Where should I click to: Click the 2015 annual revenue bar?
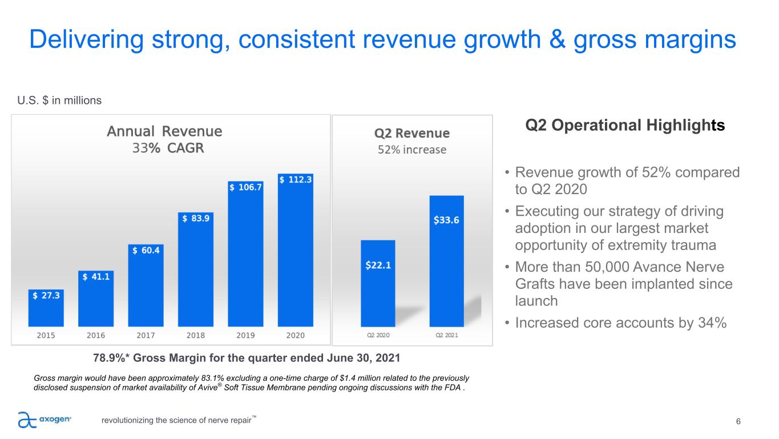46,311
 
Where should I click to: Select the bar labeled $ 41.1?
96,300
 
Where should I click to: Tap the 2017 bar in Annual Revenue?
146,288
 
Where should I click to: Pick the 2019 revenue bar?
245,257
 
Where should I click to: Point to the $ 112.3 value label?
296,179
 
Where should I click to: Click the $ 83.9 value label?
196,218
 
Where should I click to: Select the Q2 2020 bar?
378,285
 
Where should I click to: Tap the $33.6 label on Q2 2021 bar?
447,220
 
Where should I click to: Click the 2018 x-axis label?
196,335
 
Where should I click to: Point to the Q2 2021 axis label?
447,335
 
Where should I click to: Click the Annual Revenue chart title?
164,131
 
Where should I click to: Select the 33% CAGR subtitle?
168,148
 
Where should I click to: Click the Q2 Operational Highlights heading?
625,126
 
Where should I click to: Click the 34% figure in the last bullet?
711,323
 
